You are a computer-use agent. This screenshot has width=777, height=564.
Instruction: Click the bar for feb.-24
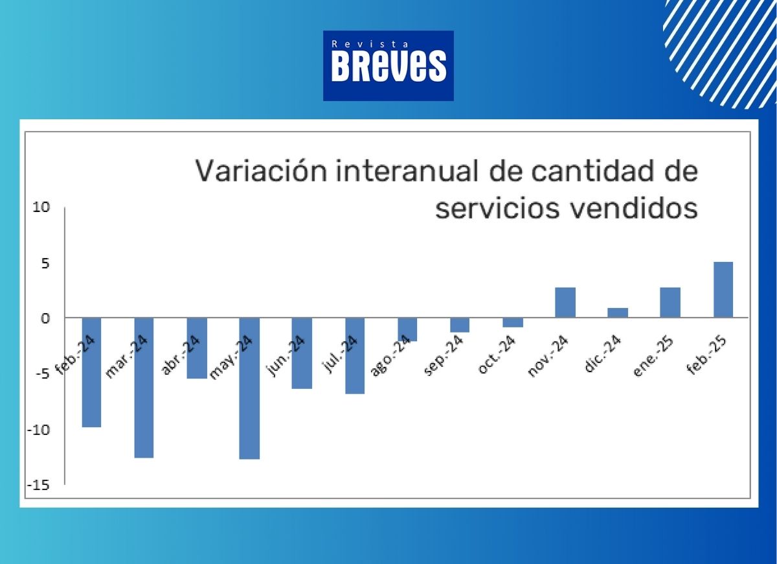(91, 372)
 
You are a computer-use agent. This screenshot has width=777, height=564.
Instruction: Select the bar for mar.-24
(144, 388)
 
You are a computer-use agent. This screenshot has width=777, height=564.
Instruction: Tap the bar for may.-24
(249, 388)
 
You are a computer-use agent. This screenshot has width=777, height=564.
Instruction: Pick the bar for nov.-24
(565, 303)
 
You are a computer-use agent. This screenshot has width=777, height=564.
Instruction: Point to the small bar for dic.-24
(618, 313)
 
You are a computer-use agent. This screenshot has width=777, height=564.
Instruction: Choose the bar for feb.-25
(723, 290)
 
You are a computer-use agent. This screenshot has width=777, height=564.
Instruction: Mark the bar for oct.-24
(513, 322)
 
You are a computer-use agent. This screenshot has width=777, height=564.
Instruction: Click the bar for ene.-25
(670, 303)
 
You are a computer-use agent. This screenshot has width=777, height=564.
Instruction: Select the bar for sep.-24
(460, 325)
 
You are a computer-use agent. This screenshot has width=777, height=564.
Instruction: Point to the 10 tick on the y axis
(41, 207)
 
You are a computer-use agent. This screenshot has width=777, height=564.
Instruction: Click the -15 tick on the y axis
(38, 485)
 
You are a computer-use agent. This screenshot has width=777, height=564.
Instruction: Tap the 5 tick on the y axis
(45, 264)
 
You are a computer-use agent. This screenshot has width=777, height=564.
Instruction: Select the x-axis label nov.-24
(548, 356)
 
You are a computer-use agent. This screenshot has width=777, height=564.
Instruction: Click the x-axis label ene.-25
(653, 356)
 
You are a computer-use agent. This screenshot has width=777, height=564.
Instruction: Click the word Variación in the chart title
(262, 171)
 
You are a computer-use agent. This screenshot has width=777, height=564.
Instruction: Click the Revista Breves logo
(388, 66)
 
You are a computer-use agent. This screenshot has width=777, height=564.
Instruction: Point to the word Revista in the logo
(370, 44)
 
